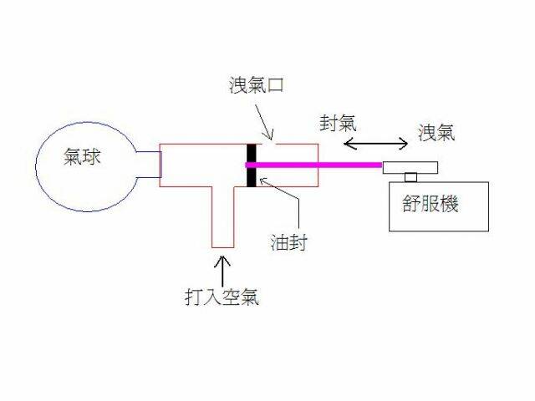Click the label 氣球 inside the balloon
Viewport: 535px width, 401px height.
[x=83, y=157]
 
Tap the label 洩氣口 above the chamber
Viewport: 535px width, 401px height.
[x=256, y=85]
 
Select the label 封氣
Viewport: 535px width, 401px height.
[x=338, y=123]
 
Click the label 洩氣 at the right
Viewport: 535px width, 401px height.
[x=436, y=131]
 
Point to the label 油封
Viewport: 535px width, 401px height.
[x=289, y=241]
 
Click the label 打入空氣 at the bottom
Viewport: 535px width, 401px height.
[x=222, y=296]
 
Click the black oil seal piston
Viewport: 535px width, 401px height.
[x=251, y=165]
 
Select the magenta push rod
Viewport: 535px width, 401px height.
[x=318, y=165]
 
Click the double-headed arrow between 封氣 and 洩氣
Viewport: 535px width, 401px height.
[x=375, y=145]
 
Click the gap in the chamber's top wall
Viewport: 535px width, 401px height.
[x=267, y=144]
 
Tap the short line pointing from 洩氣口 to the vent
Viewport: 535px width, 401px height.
[x=266, y=133]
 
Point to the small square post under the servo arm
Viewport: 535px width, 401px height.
[x=410, y=176]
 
